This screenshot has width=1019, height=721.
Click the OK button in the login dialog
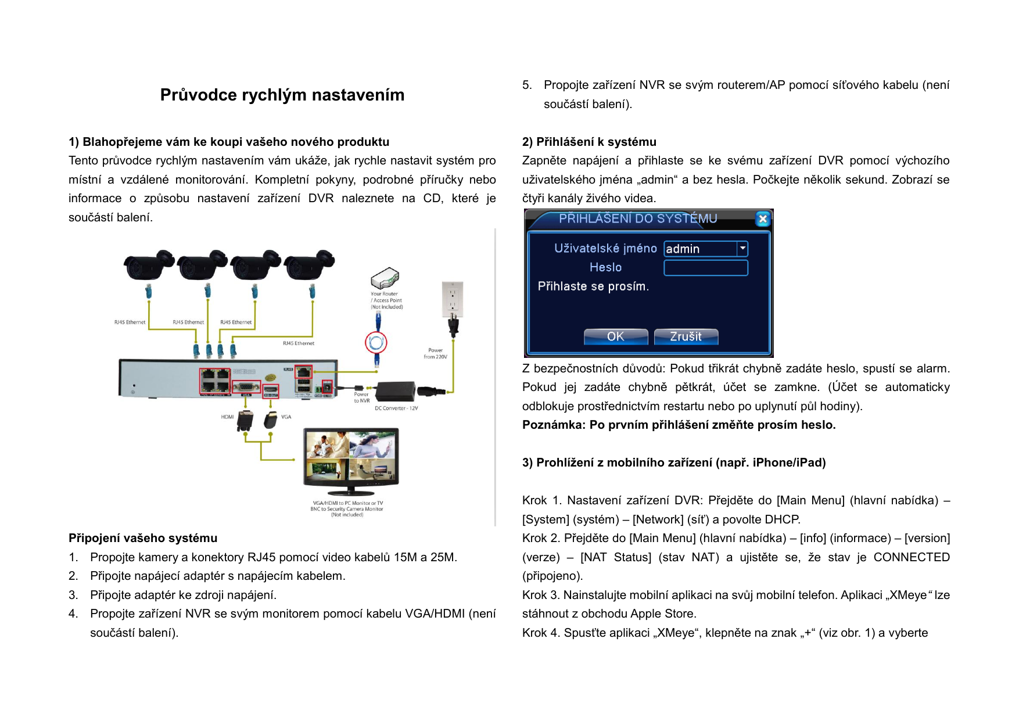coord(615,336)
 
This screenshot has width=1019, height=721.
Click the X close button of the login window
coord(762,219)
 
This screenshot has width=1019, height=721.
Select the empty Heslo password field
coord(705,268)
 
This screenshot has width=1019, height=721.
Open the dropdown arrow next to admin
coord(742,249)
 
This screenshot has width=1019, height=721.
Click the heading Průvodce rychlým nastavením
coord(282,95)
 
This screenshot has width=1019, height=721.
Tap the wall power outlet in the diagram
coord(452,299)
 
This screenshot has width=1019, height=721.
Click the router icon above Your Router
coord(385,278)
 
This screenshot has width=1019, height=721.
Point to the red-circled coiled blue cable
coord(376,342)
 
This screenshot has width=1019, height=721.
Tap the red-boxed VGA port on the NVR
coord(246,387)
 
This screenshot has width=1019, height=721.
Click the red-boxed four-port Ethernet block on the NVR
coord(214,381)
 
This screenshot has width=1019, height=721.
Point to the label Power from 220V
coord(435,353)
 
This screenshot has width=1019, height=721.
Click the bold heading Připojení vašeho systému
coord(143,538)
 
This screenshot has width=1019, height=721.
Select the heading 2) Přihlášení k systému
coord(589,142)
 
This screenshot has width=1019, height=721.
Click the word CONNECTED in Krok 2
coord(911,557)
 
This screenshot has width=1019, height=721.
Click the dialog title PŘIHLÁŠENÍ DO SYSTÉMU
coord(637,218)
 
